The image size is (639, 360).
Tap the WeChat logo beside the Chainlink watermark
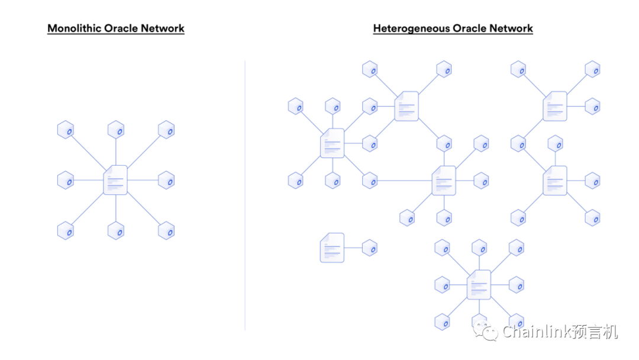tap(489, 332)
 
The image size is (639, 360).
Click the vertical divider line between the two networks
tap(245, 195)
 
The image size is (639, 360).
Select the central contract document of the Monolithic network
tap(115, 180)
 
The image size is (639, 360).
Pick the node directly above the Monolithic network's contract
tap(115, 130)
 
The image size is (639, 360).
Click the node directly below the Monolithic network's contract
tap(115, 230)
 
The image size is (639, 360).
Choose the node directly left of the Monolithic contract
tap(65, 180)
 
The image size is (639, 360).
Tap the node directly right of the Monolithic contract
tap(166, 180)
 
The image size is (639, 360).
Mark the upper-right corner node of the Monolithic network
tap(166, 130)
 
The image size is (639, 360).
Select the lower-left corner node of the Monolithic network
tap(65, 230)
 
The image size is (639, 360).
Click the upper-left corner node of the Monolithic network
tap(65, 130)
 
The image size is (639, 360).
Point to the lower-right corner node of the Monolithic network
tap(166, 230)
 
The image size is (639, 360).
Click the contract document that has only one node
tap(332, 247)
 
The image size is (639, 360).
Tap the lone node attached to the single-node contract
tap(370, 247)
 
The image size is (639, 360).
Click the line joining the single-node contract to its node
tap(353, 247)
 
